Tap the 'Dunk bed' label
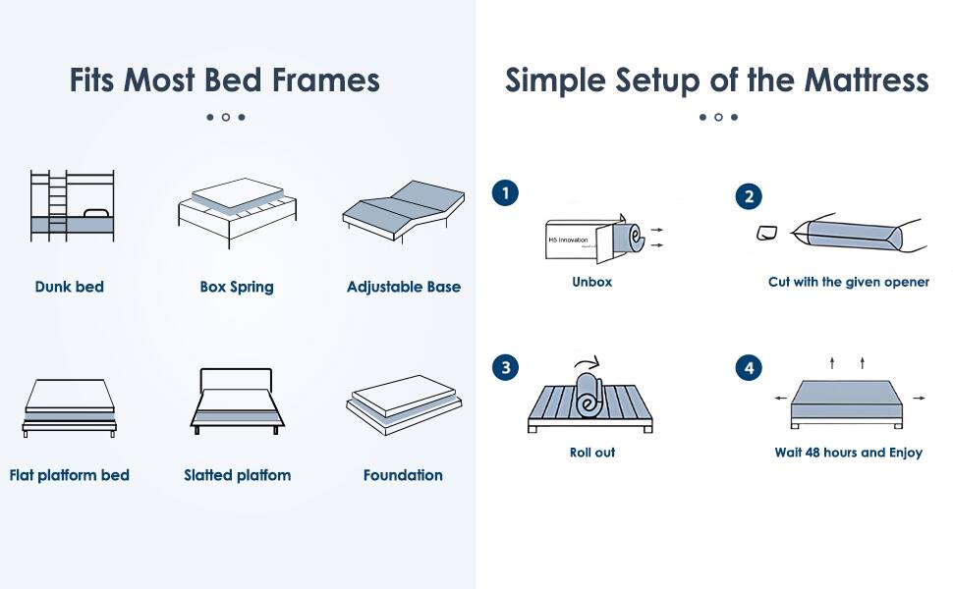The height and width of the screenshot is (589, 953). [x=69, y=287]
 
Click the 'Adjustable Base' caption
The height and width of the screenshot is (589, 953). [x=403, y=287]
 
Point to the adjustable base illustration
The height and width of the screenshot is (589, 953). [x=403, y=209]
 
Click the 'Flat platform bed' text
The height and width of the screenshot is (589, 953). [x=70, y=475]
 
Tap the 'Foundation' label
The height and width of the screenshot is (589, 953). [x=403, y=475]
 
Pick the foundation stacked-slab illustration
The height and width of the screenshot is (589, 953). [x=403, y=403]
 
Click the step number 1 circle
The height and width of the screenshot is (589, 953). [x=505, y=193]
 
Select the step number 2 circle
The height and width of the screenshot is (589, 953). [x=748, y=197]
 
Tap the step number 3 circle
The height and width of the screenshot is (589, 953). [x=505, y=368]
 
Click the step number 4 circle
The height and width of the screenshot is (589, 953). [x=748, y=368]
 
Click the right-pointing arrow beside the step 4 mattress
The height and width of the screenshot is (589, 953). [x=919, y=399]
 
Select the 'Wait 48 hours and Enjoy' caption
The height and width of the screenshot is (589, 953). [x=848, y=454]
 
